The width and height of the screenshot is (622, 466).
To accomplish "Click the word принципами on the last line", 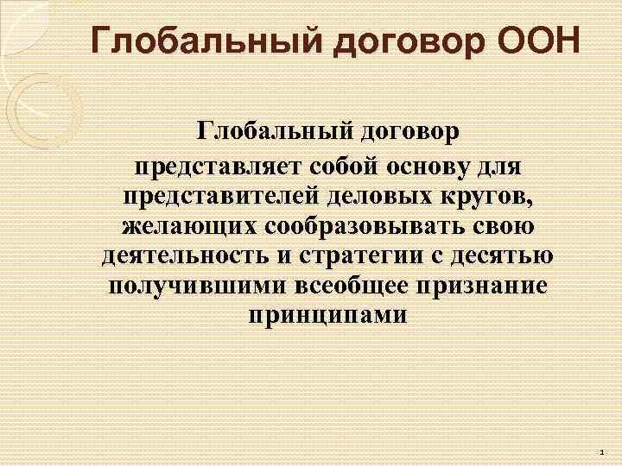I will [x=327, y=317].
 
